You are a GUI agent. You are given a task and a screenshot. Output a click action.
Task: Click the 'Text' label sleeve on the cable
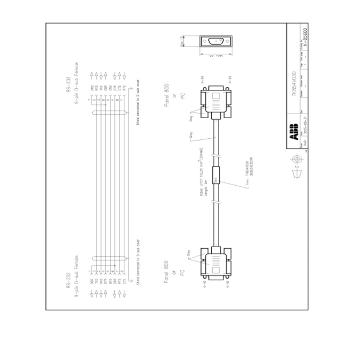point(216,180)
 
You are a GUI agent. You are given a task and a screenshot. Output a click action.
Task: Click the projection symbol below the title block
point(296,159)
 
